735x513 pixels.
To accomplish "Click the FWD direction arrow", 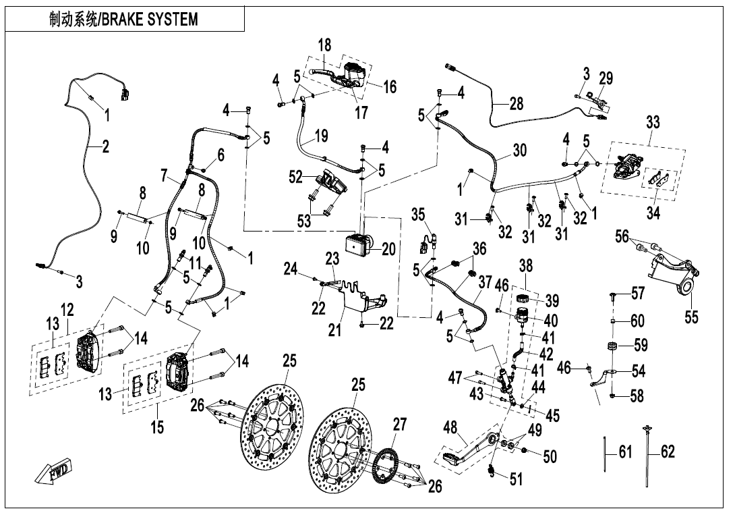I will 56,471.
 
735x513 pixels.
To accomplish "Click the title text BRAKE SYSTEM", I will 124,19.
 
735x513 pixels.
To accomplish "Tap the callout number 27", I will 400,425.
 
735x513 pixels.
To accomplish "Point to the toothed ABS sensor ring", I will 386,466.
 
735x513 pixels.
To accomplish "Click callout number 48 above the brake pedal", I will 450,427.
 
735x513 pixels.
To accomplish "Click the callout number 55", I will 690,316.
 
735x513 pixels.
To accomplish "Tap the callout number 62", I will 667,452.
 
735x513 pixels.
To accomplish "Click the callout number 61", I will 625,452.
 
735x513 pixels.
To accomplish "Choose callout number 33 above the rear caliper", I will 653,123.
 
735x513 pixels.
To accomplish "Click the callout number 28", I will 517,103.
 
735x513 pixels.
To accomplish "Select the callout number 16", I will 389,86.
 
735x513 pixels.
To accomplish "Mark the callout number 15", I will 157,427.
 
